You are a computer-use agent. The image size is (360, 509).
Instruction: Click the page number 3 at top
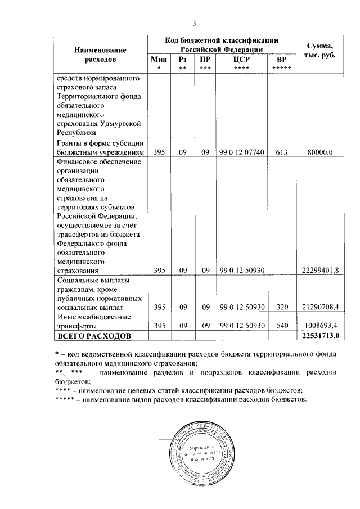(x=194, y=23)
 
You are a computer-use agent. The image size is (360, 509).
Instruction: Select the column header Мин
(x=159, y=59)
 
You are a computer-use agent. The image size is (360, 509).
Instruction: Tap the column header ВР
(x=281, y=59)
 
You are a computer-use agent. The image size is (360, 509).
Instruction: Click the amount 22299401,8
(x=321, y=270)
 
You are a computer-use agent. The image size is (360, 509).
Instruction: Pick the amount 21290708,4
(x=321, y=307)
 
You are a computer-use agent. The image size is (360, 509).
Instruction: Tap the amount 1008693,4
(x=323, y=326)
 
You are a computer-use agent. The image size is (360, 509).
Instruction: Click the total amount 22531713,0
(x=320, y=336)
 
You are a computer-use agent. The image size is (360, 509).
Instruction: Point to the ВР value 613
(x=282, y=152)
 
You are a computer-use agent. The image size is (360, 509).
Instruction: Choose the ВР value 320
(x=282, y=307)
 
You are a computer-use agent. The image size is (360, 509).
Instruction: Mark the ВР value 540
(x=282, y=326)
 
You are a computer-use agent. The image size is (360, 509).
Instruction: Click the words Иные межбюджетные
(x=91, y=317)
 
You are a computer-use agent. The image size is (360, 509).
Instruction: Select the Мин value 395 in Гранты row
(x=159, y=152)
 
